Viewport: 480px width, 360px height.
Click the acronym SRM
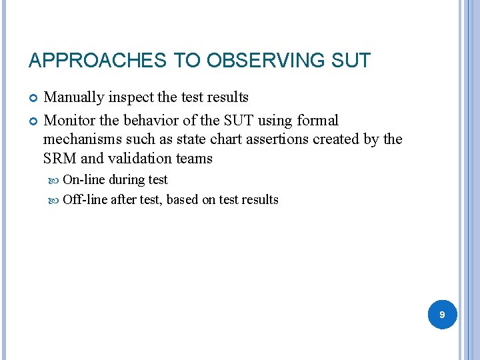pos(59,158)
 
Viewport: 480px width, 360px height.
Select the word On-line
pos(84,180)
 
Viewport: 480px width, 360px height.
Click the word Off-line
pos(85,199)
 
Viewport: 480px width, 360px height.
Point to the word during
pos(126,180)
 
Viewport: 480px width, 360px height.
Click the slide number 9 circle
pos(441,313)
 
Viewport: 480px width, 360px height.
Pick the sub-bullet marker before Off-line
pos(55,200)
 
